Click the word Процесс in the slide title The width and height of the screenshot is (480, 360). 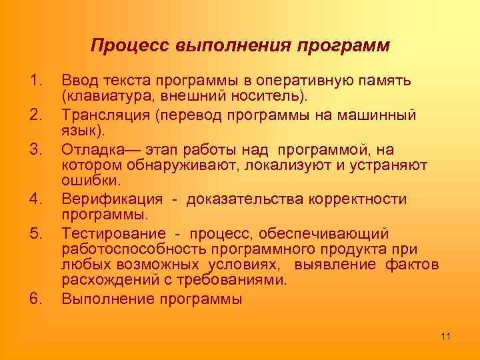[130, 46]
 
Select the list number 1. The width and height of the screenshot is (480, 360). [37, 81]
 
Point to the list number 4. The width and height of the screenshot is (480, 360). [37, 199]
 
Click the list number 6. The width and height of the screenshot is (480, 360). [37, 299]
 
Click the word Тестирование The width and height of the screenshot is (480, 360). [113, 233]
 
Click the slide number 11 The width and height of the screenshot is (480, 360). [446, 335]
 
